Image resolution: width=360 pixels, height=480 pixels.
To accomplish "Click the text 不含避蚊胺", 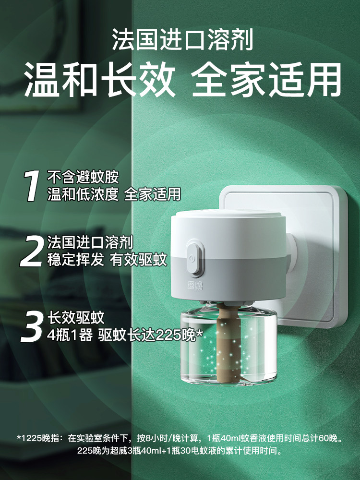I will coord(82,177).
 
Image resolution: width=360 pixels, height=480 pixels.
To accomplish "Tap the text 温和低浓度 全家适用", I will coord(114,194).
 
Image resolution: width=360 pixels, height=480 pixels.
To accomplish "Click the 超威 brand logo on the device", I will coord(193,285).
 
